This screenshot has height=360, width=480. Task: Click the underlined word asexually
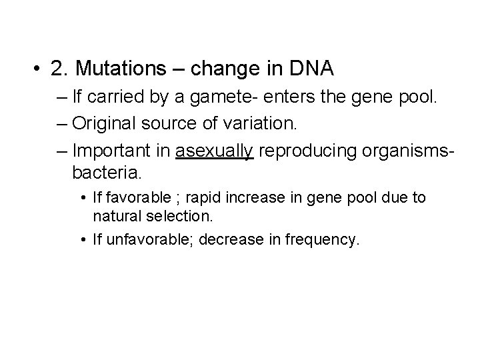[x=214, y=151]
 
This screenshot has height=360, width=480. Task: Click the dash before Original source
[x=62, y=123]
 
